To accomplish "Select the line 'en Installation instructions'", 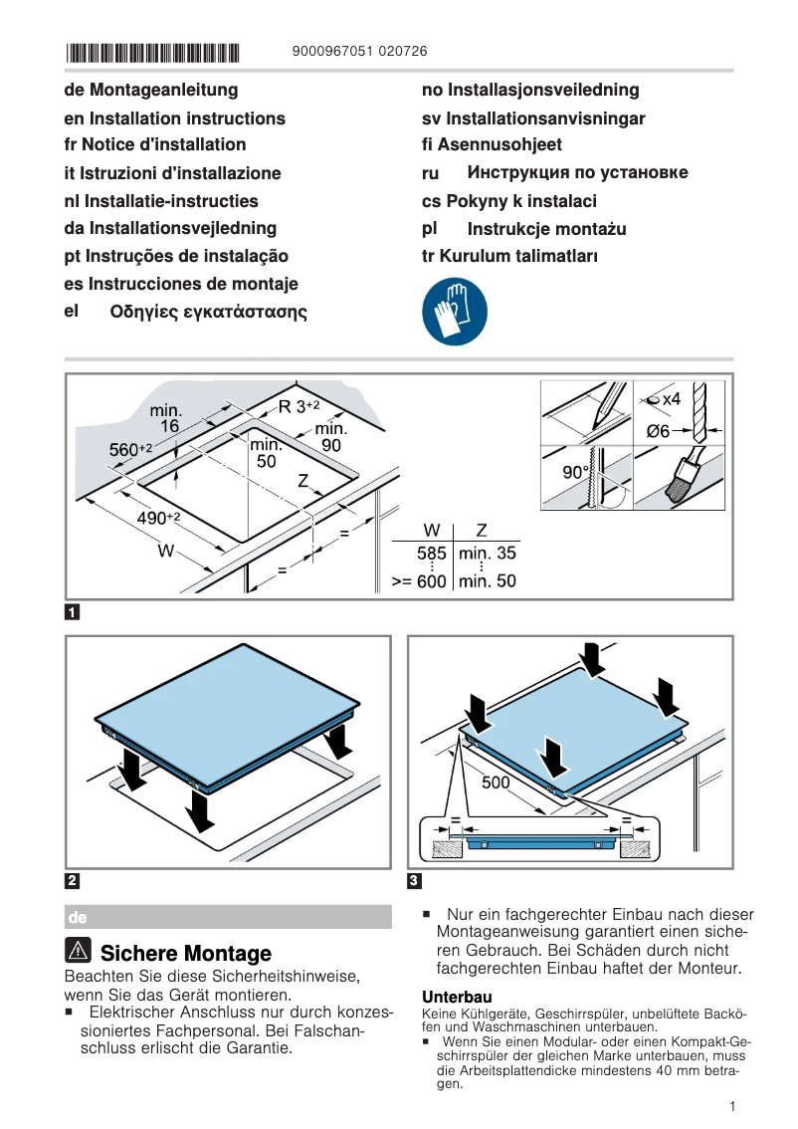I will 174,118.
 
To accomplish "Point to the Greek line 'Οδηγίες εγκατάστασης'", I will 208,312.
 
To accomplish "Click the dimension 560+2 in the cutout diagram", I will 130,450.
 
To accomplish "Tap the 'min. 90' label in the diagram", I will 330,437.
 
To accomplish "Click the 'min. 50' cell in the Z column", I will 487,580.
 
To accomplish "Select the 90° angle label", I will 576,472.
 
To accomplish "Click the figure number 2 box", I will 73,880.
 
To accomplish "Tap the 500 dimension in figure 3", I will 496,783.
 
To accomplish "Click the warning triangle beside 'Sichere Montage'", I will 80,952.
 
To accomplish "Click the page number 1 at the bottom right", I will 731,1106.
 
